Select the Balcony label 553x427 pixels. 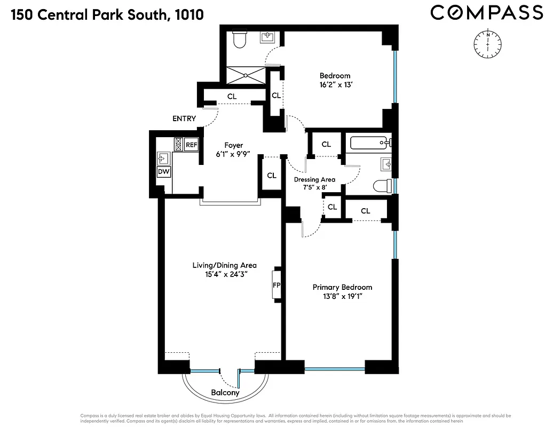pos(225,393)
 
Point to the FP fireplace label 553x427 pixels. pos(276,285)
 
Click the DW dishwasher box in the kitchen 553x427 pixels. pos(163,172)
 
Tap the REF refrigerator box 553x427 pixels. pos(192,145)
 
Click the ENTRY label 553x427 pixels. pos(184,118)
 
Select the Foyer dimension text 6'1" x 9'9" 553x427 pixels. pos(233,154)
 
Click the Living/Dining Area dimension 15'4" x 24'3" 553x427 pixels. pos(224,274)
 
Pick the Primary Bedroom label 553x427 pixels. pos(342,287)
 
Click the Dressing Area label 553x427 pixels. pos(314,180)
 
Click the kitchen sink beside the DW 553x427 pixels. pos(163,157)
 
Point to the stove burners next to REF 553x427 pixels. pos(178,145)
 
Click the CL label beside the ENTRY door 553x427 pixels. pos(232,97)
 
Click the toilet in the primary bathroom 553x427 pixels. pos(381,185)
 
